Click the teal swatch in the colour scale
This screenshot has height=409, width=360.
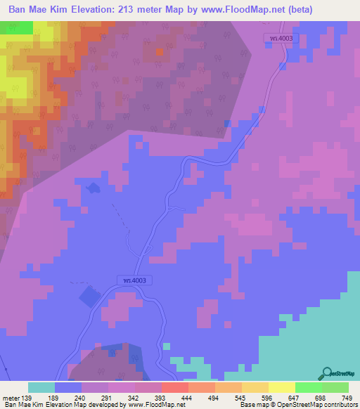coord(41,387)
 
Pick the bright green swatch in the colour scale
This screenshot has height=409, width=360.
coord(309,387)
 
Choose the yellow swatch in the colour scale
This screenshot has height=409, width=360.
coord(281,387)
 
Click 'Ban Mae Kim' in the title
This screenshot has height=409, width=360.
coord(39,9)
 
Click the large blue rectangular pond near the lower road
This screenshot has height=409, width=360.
coord(89,297)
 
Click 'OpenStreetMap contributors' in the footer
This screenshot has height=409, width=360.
coord(321,405)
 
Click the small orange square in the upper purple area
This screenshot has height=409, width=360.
coord(158,52)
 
